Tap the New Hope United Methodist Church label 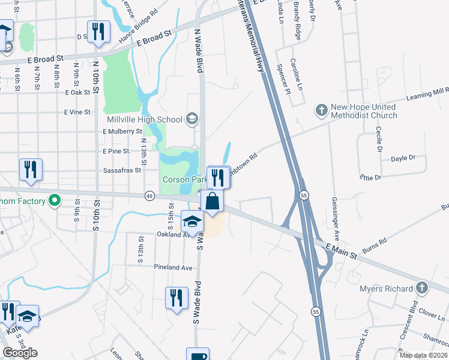click(363, 111)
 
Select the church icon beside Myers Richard click(423, 289)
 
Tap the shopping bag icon click(213, 201)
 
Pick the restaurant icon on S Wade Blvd click(175, 298)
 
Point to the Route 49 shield click(149, 195)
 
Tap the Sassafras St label click(121, 170)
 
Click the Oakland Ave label click(173, 235)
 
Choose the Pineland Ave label click(173, 267)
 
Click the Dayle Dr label click(403, 158)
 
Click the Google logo click(20, 353)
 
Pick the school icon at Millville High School click(191, 118)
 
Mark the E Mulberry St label click(122, 131)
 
